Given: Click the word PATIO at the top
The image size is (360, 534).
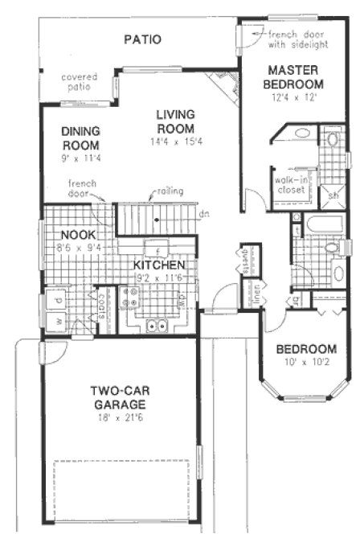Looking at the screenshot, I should click(143, 39).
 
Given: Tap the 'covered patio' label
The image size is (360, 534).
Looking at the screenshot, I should click(80, 83).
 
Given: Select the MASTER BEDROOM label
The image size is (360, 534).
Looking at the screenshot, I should click(295, 76).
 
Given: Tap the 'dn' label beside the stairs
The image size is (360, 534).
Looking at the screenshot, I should click(205, 214).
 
